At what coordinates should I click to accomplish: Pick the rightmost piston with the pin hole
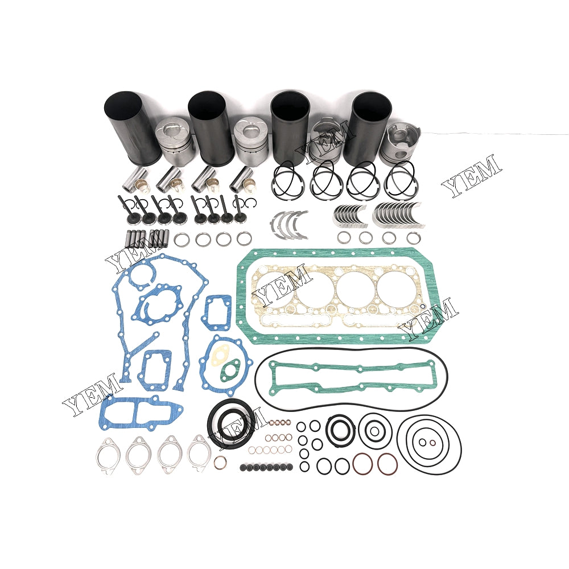(401, 145)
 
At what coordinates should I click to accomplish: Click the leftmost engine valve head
(132, 218)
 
